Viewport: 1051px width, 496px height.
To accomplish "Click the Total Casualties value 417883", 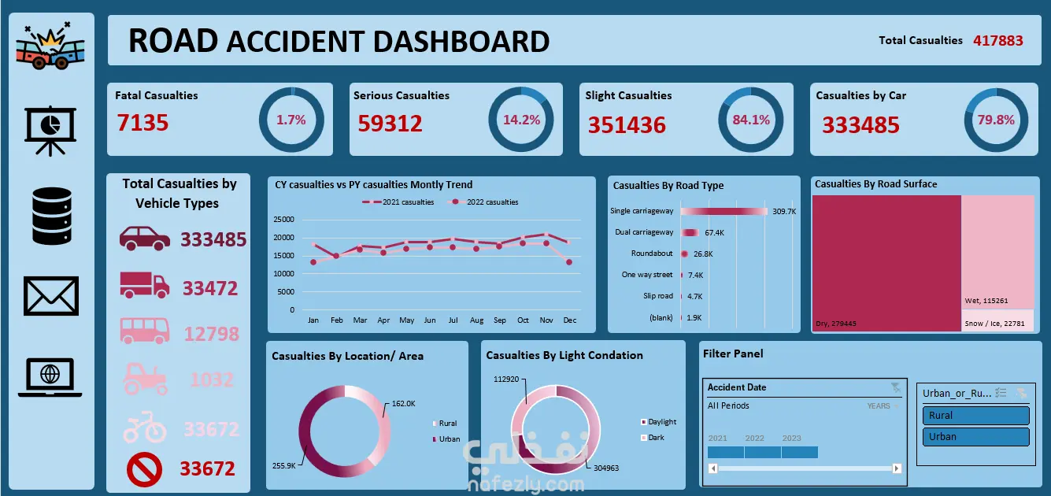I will [x=998, y=40].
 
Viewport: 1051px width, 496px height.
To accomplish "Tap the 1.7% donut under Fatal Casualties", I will [x=291, y=120].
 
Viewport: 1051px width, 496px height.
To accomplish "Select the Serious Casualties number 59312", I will [x=390, y=124].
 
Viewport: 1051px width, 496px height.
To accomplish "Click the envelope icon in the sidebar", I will [x=52, y=296].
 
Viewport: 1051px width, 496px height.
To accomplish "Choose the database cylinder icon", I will [x=52, y=215].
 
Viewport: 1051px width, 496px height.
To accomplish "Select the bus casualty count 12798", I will [x=211, y=334].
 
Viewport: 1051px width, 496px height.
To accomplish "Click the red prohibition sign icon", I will [x=144, y=470].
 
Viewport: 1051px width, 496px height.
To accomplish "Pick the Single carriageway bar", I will [x=723, y=211].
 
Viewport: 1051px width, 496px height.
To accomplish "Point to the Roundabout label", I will [x=652, y=254].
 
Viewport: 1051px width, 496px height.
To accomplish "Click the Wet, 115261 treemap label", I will [x=986, y=301].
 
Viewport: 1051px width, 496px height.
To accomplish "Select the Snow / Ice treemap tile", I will [x=997, y=320].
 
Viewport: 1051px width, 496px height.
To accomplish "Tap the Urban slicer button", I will [x=975, y=437].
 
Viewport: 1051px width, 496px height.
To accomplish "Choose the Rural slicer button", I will [x=975, y=416].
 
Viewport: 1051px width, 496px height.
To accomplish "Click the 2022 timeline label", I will [x=754, y=439].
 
